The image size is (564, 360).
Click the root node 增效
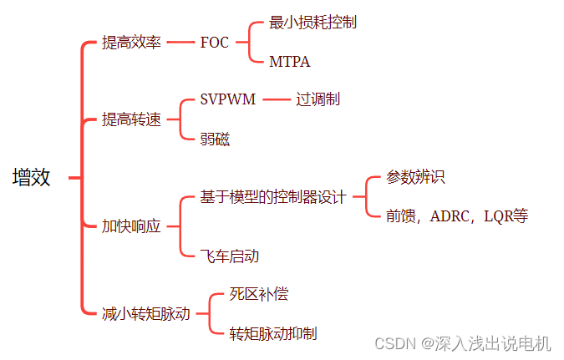[32, 177]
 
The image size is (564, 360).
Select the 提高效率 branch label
[131, 43]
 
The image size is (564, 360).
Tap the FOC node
[215, 43]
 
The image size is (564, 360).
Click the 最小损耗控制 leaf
[313, 23]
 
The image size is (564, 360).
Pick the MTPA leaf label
[290, 62]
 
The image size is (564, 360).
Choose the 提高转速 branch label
[131, 119]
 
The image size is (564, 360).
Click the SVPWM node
[228, 99]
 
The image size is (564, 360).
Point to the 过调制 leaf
[318, 99]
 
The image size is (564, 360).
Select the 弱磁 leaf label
[216, 139]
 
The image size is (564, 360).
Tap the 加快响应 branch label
[131, 226]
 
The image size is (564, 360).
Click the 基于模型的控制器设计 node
[273, 197]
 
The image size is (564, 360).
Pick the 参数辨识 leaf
[415, 177]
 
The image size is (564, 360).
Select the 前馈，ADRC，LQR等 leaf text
[457, 215]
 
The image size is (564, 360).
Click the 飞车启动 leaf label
[230, 256]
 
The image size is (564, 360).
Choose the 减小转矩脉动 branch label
[146, 314]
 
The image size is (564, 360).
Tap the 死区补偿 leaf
[259, 294]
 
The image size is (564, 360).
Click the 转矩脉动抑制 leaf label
[274, 334]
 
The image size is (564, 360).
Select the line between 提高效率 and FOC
[180, 43]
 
